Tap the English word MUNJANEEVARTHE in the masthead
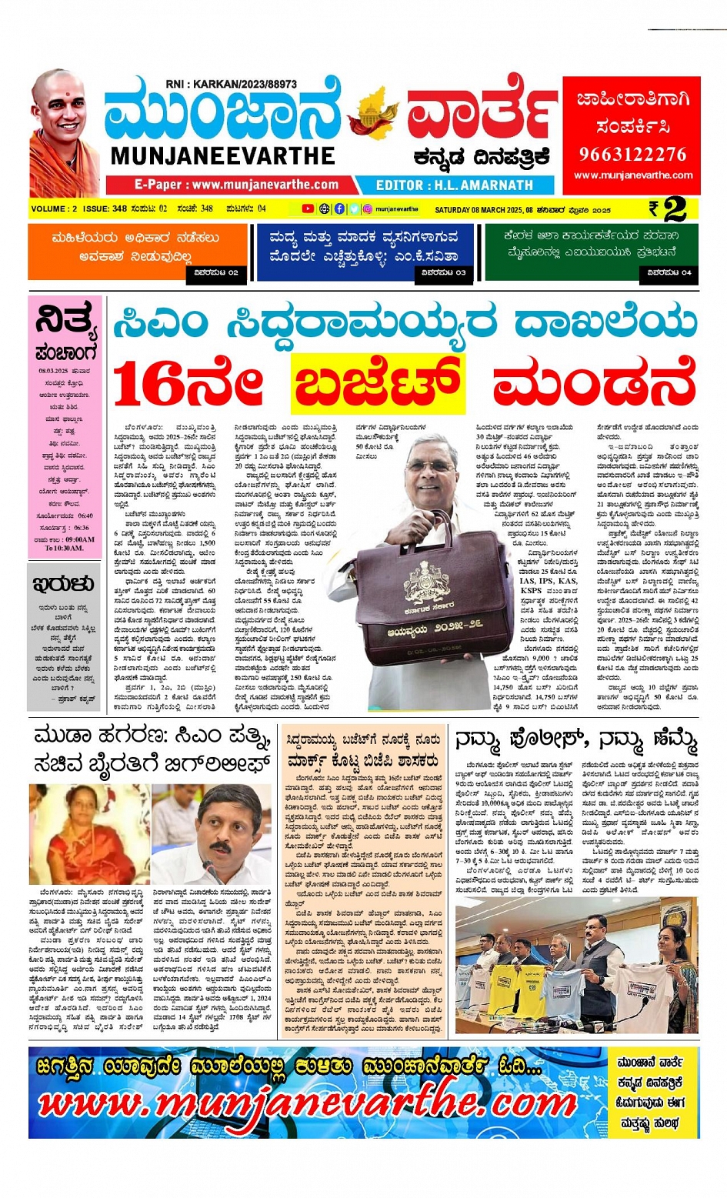click(x=223, y=156)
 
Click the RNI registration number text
click(x=231, y=84)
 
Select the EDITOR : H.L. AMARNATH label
click(x=454, y=185)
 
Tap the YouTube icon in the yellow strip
click(x=308, y=209)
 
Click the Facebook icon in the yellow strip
click(x=339, y=209)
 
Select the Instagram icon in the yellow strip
click(x=368, y=209)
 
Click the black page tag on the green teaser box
click(x=669, y=272)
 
